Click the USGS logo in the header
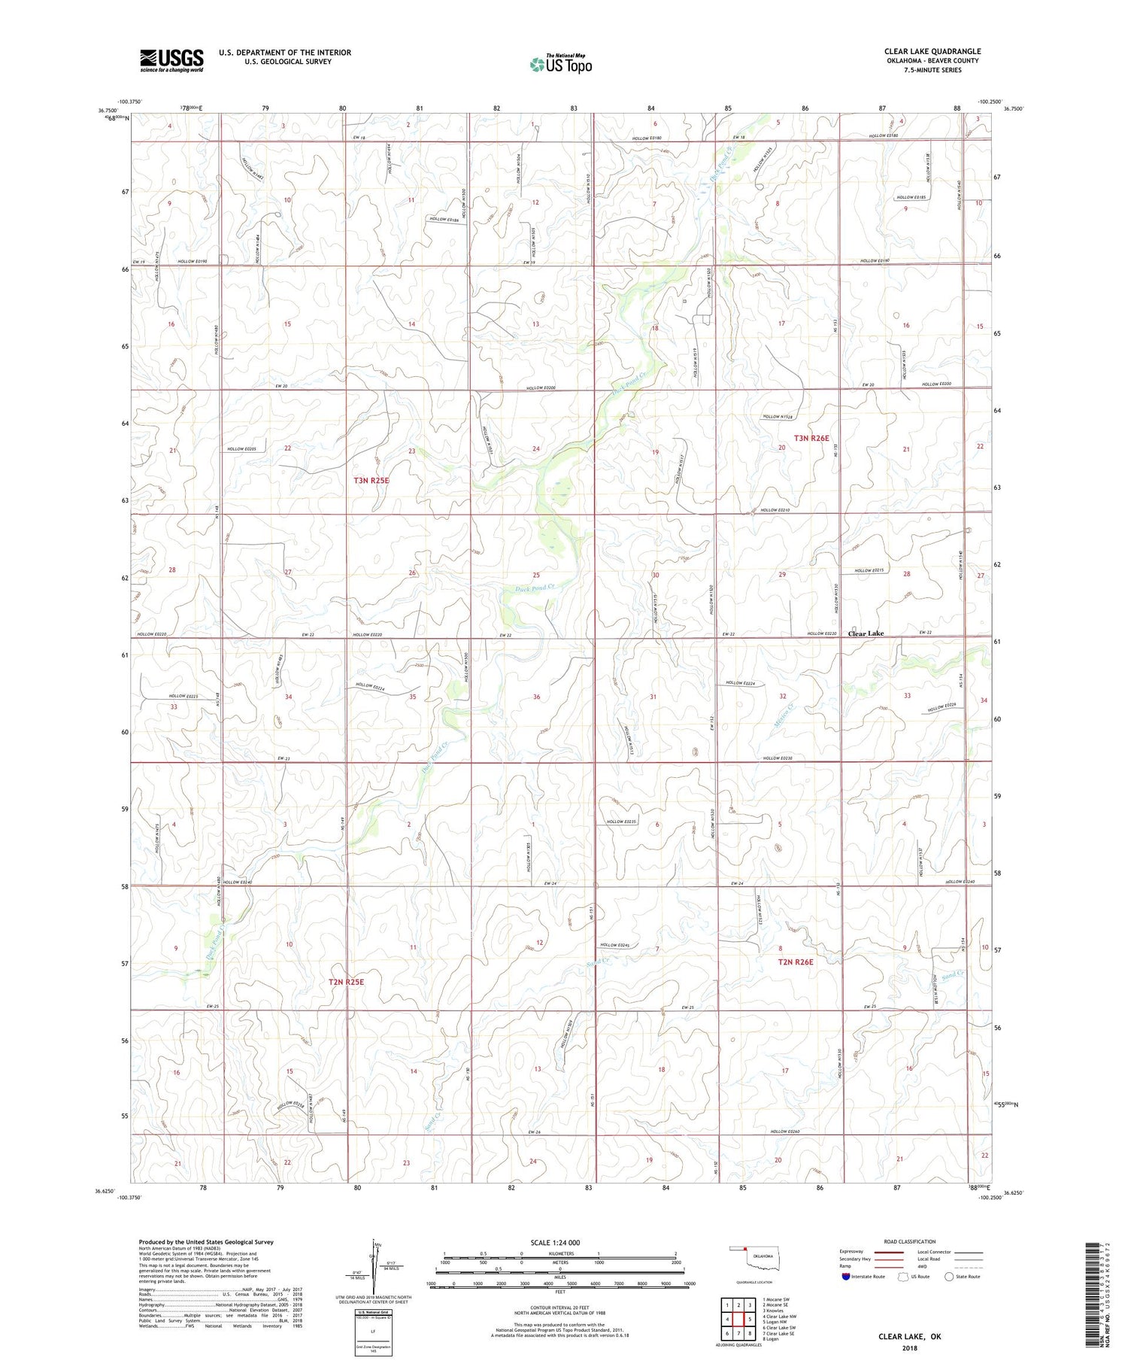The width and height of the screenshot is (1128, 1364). coord(171,60)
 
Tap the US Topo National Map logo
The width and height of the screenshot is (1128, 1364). coord(560,64)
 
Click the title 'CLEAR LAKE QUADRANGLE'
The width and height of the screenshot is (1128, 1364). coord(932,51)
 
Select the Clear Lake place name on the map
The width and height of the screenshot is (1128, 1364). coord(866,633)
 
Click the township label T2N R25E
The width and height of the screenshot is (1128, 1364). coord(346,982)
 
